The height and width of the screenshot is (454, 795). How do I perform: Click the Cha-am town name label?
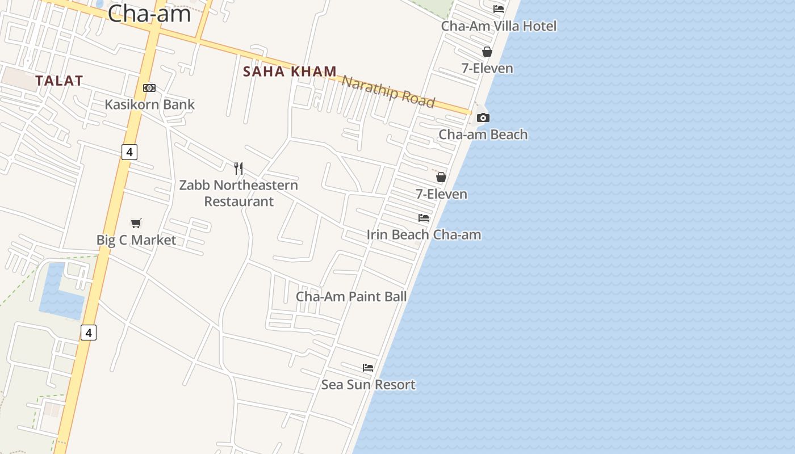(x=149, y=13)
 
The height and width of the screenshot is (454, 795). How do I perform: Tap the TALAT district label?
(x=59, y=81)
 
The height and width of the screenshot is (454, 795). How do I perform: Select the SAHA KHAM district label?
(x=290, y=72)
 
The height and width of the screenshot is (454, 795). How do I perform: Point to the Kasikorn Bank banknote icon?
(x=149, y=88)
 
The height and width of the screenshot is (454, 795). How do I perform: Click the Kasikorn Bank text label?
(x=149, y=104)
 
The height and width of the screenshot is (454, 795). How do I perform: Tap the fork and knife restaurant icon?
(x=238, y=169)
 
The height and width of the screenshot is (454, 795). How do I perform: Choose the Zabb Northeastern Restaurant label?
(x=238, y=193)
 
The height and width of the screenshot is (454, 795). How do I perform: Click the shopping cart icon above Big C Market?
(x=136, y=223)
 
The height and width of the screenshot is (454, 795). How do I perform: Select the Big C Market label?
(x=136, y=240)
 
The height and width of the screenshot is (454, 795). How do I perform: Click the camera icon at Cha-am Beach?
(x=483, y=118)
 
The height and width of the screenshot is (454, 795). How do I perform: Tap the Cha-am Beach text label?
(x=483, y=134)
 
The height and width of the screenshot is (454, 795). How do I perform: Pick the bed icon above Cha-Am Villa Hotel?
(x=499, y=9)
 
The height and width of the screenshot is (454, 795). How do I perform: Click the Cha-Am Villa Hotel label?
(x=499, y=26)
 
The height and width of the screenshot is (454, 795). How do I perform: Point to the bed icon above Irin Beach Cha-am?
(x=424, y=218)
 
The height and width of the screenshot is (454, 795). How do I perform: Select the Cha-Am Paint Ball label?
(x=352, y=296)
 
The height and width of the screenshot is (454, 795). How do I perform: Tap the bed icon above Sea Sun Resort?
(x=368, y=368)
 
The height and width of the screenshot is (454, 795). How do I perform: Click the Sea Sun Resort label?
(x=368, y=385)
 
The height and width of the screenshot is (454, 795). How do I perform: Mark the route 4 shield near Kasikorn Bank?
(x=129, y=152)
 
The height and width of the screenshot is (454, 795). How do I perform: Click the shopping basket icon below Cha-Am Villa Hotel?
(x=487, y=52)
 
